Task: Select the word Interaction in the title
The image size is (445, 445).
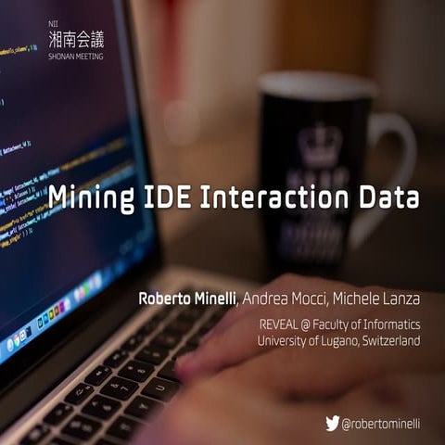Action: [x=270, y=198]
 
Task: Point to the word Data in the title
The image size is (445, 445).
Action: [x=388, y=198]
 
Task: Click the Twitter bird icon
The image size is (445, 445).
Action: [x=332, y=423]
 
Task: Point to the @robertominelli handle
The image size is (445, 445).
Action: [x=381, y=424]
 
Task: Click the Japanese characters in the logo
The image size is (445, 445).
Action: [x=76, y=38]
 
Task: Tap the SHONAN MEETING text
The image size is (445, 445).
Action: [x=76, y=57]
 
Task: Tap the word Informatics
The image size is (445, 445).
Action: [x=389, y=324]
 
